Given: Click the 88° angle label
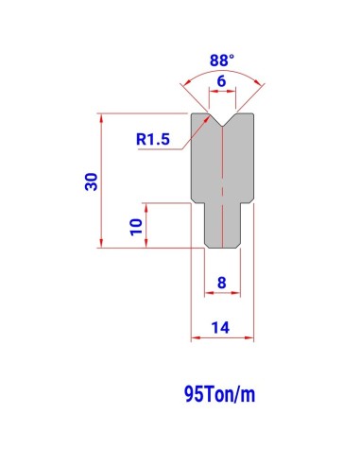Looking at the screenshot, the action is [x=222, y=60].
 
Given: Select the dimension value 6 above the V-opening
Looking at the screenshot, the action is [x=222, y=81].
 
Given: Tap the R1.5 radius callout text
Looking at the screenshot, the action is [x=153, y=139].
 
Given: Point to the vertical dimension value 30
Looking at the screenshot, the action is [x=92, y=181].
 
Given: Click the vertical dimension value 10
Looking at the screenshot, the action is [x=136, y=227].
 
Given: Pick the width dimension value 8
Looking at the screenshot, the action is [x=222, y=283].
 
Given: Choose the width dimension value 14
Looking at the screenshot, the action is [x=220, y=328].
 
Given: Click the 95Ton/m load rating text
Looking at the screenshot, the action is [x=219, y=394].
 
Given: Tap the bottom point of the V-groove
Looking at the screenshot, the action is [x=222, y=127].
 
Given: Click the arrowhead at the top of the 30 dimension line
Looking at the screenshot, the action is [x=101, y=117].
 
